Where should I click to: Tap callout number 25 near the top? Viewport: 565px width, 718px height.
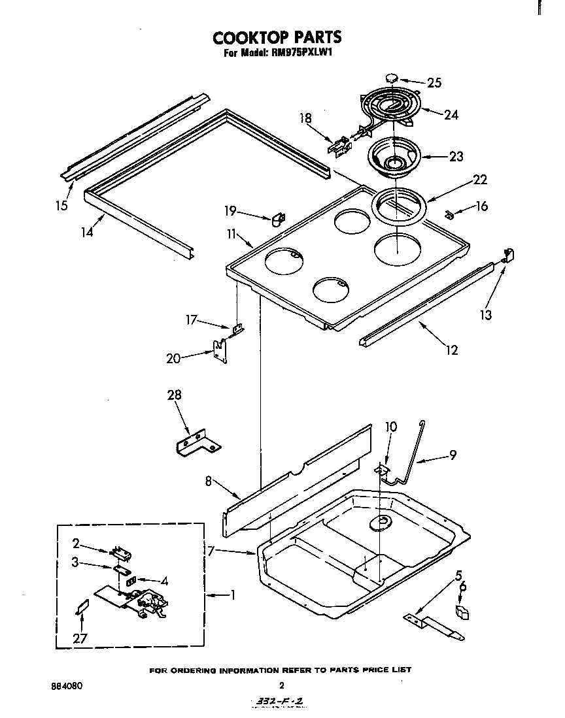434,82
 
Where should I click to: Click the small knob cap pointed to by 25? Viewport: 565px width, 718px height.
392,78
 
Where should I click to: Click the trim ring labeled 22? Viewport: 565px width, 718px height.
398,206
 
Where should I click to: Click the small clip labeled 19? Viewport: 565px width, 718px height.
279,218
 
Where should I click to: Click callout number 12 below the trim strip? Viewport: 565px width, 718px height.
451,350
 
